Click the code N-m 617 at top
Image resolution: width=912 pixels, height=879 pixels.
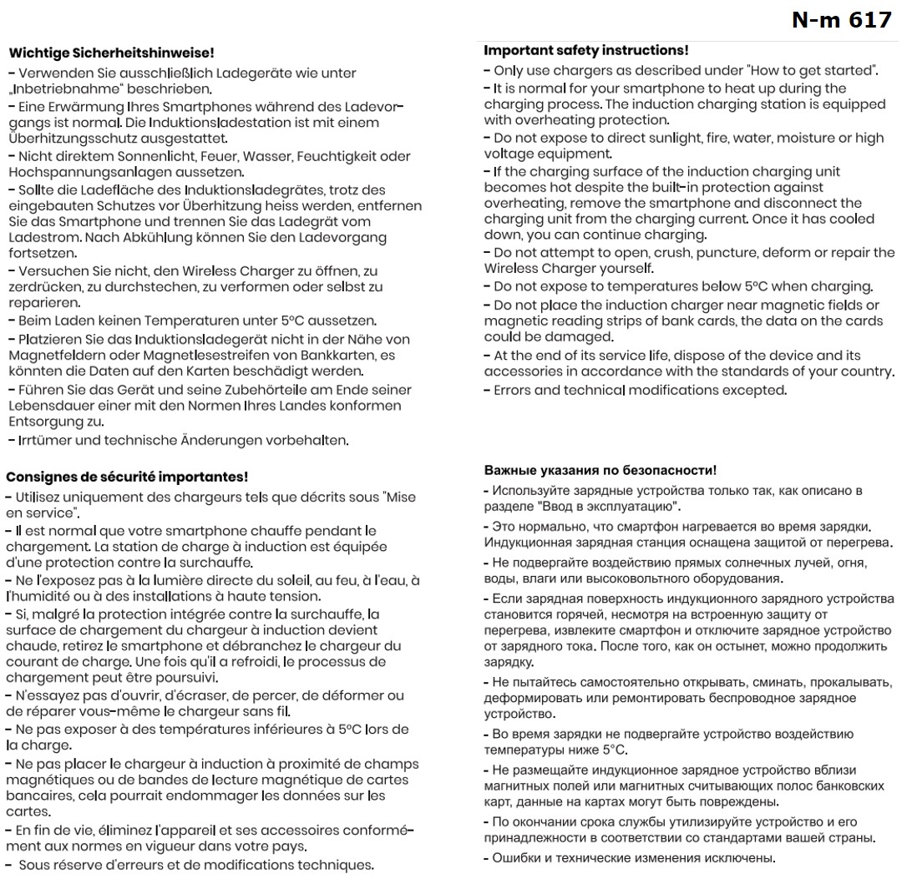pos(841,20)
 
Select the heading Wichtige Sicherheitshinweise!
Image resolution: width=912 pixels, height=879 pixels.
pos(110,53)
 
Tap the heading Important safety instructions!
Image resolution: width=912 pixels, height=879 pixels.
pos(586,51)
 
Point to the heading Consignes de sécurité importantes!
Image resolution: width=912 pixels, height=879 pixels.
pos(127,477)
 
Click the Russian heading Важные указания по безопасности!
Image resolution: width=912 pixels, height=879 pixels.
pos(600,472)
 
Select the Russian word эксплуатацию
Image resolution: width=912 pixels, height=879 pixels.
pos(629,508)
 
